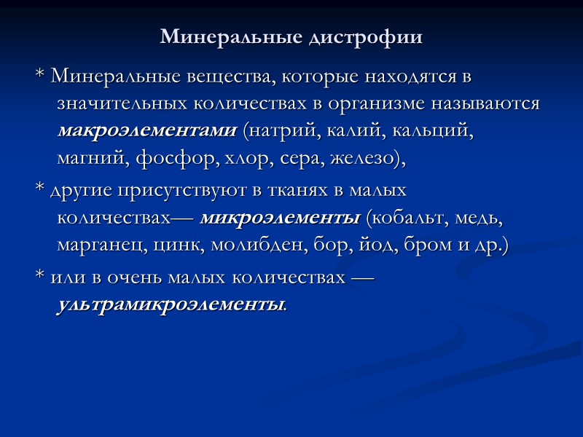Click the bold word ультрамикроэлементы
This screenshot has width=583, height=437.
(171, 304)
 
